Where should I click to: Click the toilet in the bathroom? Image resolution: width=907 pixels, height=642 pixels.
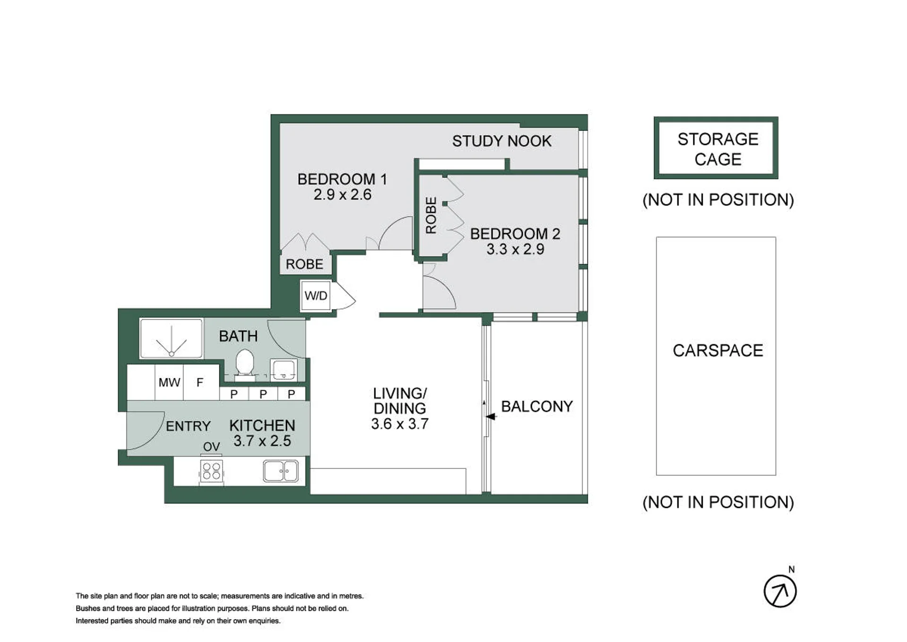point(245,365)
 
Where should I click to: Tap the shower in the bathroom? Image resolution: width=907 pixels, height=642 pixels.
point(172,338)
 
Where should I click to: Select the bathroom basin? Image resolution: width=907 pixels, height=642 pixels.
point(284,370)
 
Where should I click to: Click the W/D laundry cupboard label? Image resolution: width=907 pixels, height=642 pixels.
point(316,296)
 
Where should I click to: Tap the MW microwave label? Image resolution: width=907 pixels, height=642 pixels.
point(169,382)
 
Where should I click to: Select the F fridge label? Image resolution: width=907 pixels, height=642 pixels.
point(200,382)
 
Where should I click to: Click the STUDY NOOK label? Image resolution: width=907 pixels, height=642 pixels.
point(502,141)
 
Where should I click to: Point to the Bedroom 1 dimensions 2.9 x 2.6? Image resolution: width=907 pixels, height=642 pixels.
point(343,195)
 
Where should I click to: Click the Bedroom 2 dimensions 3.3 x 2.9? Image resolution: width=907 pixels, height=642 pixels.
point(515,249)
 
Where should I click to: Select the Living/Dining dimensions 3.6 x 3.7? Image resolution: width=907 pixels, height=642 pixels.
point(400,424)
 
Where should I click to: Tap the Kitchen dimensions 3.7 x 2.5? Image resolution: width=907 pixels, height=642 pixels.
point(262,441)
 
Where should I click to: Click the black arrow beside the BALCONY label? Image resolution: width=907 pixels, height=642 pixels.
point(491,416)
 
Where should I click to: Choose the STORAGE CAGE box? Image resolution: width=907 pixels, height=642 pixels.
point(716,147)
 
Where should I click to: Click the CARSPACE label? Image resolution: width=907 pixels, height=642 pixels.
point(718,350)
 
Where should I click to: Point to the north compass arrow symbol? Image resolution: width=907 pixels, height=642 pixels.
point(780,591)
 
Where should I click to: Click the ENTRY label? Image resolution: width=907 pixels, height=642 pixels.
point(188,426)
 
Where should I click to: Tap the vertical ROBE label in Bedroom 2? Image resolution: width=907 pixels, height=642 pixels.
point(431,216)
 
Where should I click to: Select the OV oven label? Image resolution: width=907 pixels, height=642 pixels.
point(211,447)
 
